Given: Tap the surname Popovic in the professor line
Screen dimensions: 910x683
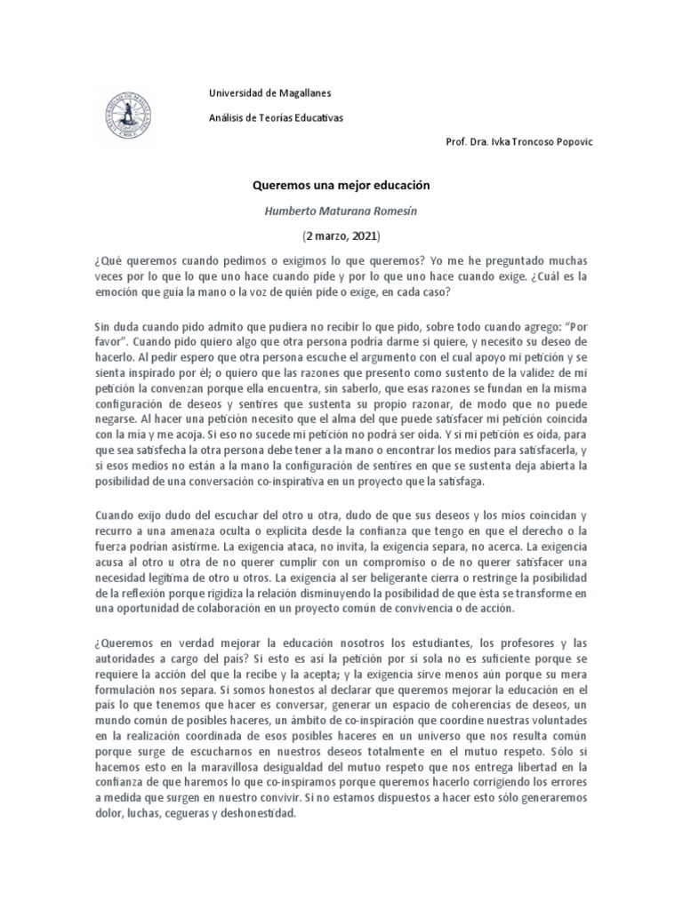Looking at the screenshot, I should click(x=561, y=142).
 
